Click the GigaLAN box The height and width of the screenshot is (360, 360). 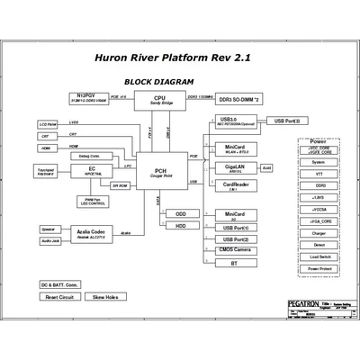tap(234, 170)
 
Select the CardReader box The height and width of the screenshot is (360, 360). tap(234, 188)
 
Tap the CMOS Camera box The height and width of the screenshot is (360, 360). tap(234, 251)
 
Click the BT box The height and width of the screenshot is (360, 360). tap(234, 264)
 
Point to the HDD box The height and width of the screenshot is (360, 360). tap(181, 226)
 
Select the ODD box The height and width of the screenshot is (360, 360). tap(181, 214)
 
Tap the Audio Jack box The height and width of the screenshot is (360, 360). tap(49, 241)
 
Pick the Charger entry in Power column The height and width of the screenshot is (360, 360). tap(319, 232)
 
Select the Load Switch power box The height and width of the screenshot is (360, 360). tap(319, 256)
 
